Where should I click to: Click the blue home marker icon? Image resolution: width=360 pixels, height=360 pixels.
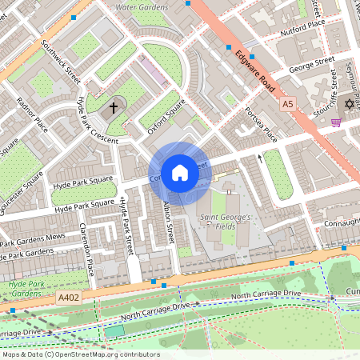pyautogui.click(x=180, y=173)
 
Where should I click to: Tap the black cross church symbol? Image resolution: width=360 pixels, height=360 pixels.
pyautogui.click(x=114, y=106)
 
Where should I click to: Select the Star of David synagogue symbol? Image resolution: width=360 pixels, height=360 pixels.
pyautogui.click(x=348, y=104)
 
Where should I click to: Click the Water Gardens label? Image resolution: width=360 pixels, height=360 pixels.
pyautogui.click(x=142, y=7)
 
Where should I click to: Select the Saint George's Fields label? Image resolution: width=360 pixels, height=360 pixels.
pyautogui.click(x=226, y=222)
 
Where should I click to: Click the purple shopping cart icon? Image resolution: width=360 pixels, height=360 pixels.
pyautogui.click(x=336, y=122)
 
